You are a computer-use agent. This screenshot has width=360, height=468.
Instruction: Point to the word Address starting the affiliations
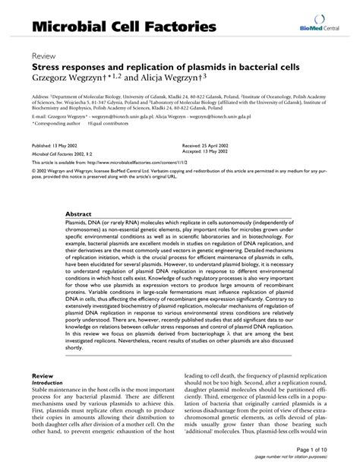point(43,98)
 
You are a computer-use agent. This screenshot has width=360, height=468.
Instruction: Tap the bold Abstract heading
point(80,215)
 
